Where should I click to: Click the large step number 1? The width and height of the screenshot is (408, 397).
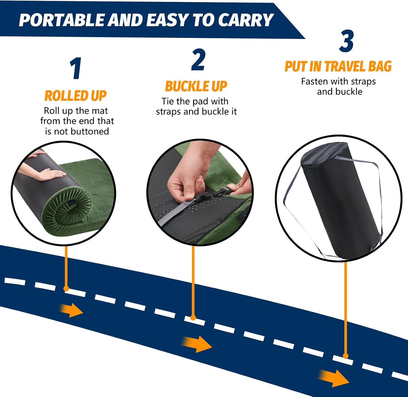point(76,68)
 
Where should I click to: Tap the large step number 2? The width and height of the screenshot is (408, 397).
point(198,60)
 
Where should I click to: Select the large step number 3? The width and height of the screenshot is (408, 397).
point(346,41)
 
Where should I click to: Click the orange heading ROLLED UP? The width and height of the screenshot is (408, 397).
point(76,96)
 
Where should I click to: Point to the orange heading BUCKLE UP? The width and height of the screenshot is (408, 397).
point(196,86)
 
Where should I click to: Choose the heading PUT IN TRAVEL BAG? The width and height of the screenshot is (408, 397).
point(338,66)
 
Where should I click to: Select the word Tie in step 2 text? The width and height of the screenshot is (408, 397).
point(168,101)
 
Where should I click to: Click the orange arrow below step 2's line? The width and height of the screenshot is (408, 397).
point(196,344)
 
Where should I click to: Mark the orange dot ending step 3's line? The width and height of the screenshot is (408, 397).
point(345,356)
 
